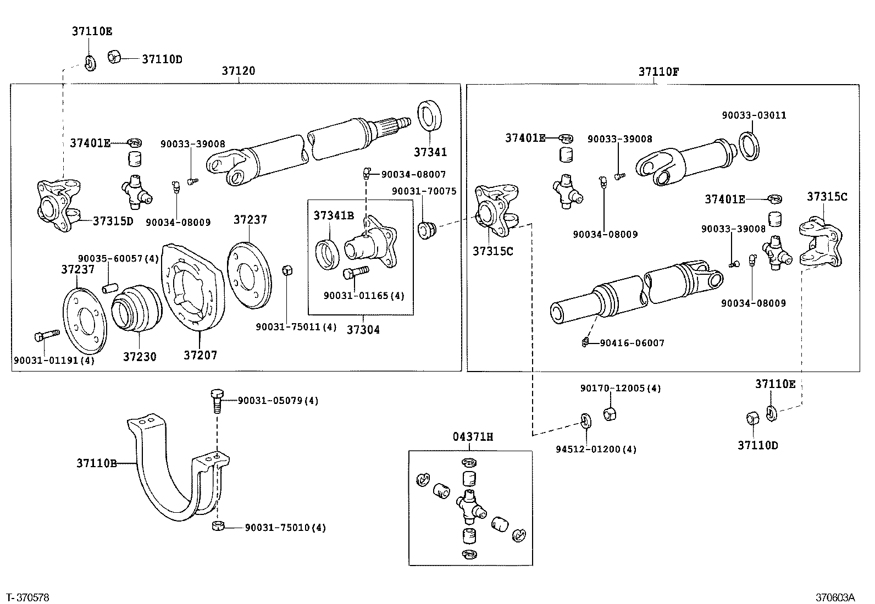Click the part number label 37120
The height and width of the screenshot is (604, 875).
point(239,71)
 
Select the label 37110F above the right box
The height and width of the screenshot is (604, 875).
point(658,71)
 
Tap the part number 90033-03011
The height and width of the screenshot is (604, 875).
point(754,115)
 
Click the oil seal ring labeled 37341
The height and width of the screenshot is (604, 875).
point(430,117)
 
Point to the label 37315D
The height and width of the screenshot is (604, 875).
point(113,221)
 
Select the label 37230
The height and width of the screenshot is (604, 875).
point(140,357)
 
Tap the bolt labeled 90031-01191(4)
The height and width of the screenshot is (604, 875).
point(46,335)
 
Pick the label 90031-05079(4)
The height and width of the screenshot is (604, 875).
point(278,401)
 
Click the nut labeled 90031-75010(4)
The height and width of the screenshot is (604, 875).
point(218,528)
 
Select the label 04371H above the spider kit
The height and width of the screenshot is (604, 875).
point(473,437)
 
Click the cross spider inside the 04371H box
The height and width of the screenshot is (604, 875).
point(470,506)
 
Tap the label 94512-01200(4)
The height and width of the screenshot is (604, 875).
point(595,449)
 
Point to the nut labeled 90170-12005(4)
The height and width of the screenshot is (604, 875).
point(610,413)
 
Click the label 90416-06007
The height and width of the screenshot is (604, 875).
point(632,343)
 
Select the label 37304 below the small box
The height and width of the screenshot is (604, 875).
point(363,330)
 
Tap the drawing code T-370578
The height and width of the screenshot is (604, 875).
point(27,597)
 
